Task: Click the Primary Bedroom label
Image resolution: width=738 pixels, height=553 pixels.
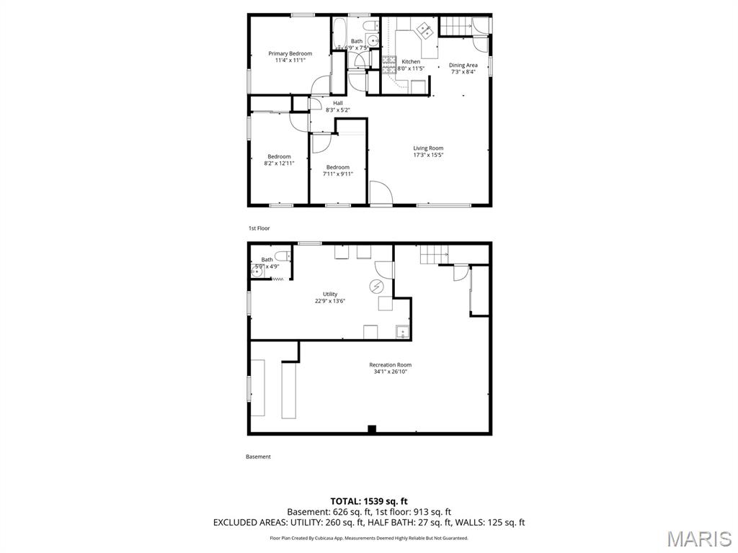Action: pyautogui.click(x=290, y=53)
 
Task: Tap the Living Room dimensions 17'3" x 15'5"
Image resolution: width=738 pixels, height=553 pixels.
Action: pyautogui.click(x=428, y=155)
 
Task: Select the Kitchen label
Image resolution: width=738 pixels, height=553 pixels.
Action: pyautogui.click(x=411, y=62)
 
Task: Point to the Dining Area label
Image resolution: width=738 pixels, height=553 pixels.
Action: pyautogui.click(x=463, y=65)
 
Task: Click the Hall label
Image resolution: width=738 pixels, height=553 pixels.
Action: pyautogui.click(x=337, y=103)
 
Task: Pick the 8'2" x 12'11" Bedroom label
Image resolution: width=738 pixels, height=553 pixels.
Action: pyautogui.click(x=279, y=156)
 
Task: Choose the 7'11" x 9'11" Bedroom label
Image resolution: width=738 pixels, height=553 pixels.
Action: pyautogui.click(x=337, y=167)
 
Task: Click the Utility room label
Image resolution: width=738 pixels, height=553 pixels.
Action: pyautogui.click(x=329, y=294)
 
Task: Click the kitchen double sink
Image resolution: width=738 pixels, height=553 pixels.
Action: pyautogui.click(x=424, y=30)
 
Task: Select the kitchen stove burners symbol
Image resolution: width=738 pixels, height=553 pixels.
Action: pyautogui.click(x=389, y=66)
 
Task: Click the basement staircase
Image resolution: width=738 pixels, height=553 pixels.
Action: pyautogui.click(x=434, y=254)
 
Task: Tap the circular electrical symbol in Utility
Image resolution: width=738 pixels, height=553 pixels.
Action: pyautogui.click(x=375, y=287)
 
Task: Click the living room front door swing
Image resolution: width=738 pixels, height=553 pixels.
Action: pyautogui.click(x=380, y=193)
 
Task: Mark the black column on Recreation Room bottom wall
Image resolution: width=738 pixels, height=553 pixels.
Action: pyautogui.click(x=372, y=429)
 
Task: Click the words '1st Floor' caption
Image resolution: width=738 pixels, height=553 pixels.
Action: pyautogui.click(x=259, y=228)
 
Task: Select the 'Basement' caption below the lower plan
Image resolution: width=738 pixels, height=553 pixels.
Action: pyautogui.click(x=258, y=457)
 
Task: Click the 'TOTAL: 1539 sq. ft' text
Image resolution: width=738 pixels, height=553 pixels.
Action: pyautogui.click(x=368, y=500)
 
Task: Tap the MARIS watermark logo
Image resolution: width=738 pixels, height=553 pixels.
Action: pyautogui.click(x=698, y=539)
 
